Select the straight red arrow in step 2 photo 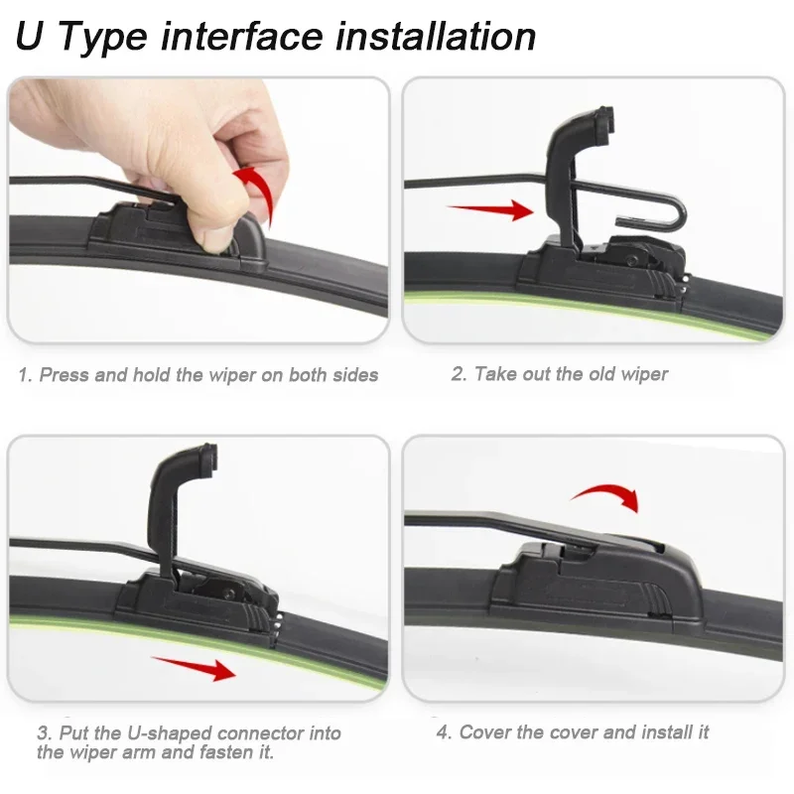(x=490, y=209)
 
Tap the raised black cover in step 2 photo (x=571, y=169)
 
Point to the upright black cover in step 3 (x=179, y=516)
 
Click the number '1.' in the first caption (x=25, y=375)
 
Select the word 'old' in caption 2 (x=606, y=374)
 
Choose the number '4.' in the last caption (x=444, y=732)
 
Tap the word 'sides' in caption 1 (x=356, y=375)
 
